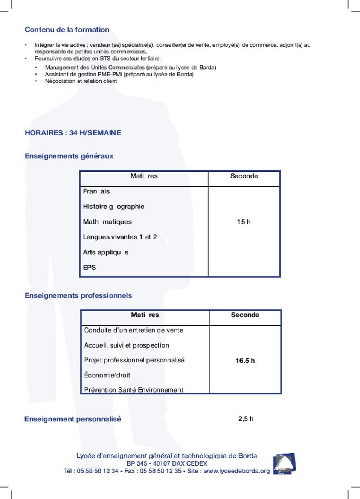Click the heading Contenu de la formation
click(x=67, y=30)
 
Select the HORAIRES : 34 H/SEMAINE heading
click(x=73, y=133)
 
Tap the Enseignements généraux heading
click(x=69, y=156)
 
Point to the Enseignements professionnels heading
click(x=78, y=296)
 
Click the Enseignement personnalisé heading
click(x=73, y=419)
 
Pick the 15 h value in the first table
click(x=244, y=222)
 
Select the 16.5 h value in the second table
click(x=245, y=361)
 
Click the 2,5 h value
click(x=246, y=419)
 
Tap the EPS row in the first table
click(x=90, y=268)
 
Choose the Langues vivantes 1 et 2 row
click(x=120, y=237)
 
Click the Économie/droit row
click(x=107, y=375)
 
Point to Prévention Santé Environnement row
click(x=133, y=390)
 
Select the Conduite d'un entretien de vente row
click(x=133, y=330)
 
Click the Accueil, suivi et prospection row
click(x=127, y=345)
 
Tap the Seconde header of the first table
click(x=244, y=176)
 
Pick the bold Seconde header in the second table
click(x=245, y=315)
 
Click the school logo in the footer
click(x=284, y=463)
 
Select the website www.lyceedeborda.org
click(x=236, y=471)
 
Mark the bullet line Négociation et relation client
click(x=81, y=81)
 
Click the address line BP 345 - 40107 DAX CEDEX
click(x=167, y=464)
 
